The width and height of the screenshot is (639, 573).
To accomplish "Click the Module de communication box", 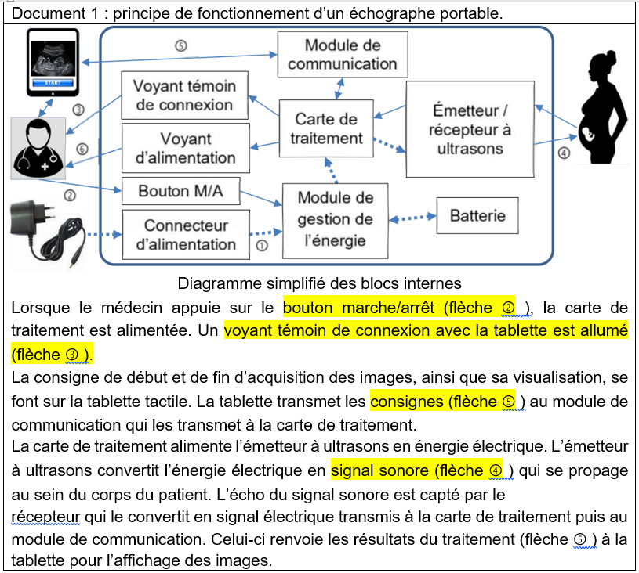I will (x=343, y=55).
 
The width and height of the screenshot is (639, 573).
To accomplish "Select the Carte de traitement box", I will (x=326, y=128).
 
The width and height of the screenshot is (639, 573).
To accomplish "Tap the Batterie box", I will (x=477, y=214).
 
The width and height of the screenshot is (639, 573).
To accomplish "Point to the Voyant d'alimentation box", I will (x=186, y=148).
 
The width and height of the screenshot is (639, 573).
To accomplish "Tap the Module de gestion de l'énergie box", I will (x=336, y=219).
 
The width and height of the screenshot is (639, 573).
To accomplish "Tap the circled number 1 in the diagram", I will (x=262, y=245).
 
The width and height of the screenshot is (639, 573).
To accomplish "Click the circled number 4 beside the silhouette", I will (x=563, y=153).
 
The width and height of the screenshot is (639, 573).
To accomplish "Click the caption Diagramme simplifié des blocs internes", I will (x=319, y=283).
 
